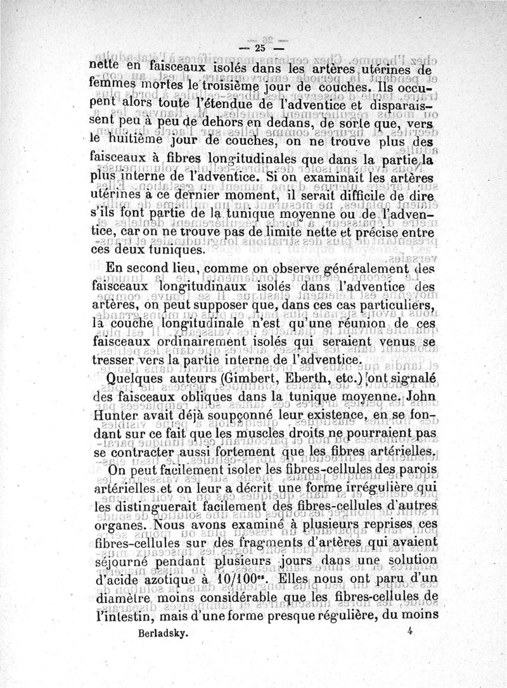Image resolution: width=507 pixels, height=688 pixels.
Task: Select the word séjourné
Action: click(x=120, y=561)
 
